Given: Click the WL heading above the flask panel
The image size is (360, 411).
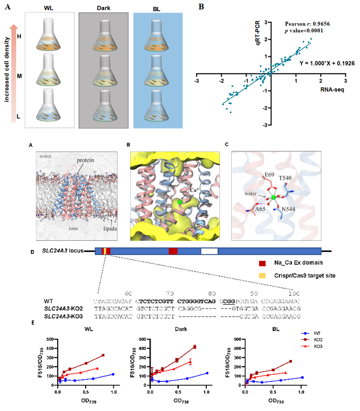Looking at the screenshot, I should point(51,8).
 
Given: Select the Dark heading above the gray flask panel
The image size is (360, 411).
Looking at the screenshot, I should point(103,8).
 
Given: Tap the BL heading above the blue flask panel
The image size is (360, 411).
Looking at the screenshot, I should point(158,8).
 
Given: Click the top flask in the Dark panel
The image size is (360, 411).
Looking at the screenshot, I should point(103,37).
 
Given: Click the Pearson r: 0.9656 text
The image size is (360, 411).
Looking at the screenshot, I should point(305,24).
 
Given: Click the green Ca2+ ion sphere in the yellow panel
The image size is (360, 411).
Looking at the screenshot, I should point(180,202).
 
